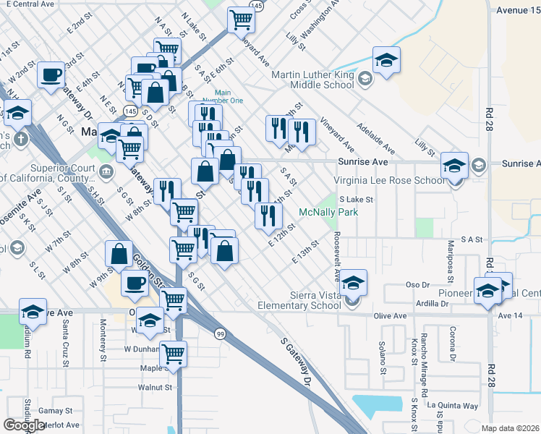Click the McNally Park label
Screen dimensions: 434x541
tap(329, 213)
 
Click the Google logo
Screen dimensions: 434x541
tap(24, 425)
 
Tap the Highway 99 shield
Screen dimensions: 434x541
tap(218, 333)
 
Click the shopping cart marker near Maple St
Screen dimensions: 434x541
tap(173, 354)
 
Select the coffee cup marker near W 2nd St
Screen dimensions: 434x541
tap(51, 75)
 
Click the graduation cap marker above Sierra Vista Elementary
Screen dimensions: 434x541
tap(353, 282)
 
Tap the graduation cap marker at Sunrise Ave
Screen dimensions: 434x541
tap(454, 166)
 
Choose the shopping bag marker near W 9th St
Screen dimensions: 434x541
tap(119, 254)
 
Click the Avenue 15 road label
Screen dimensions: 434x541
tap(516, 11)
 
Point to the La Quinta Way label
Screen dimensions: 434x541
tap(453, 406)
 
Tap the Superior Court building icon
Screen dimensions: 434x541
tap(106, 171)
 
